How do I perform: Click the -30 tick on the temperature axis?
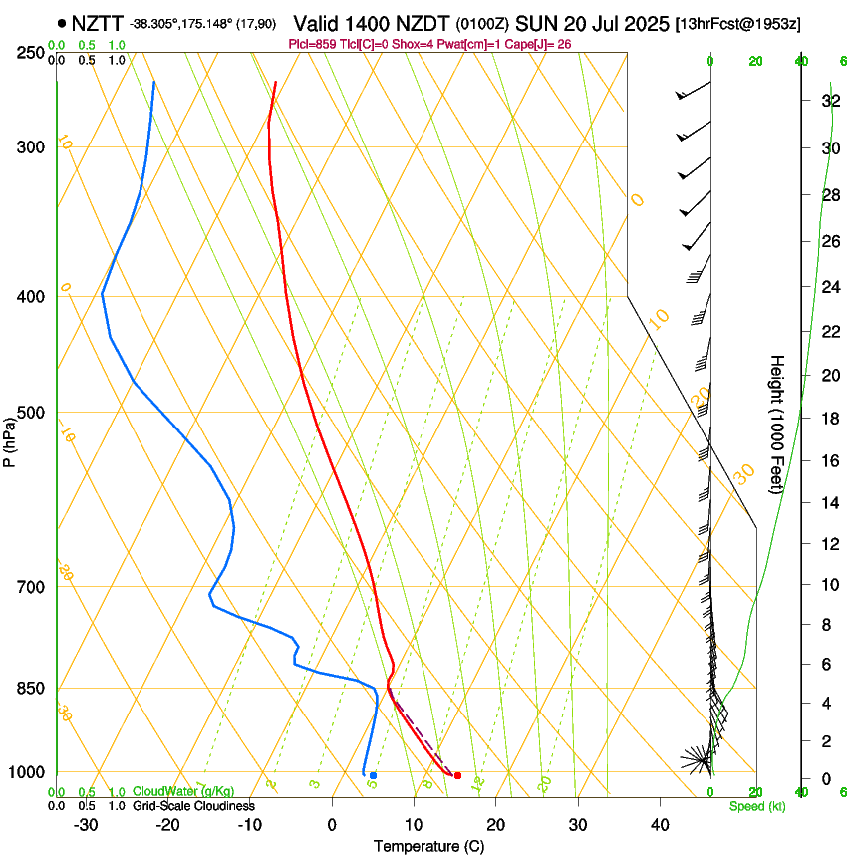(86, 824)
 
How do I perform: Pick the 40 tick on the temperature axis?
(660, 824)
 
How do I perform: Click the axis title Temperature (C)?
(428, 846)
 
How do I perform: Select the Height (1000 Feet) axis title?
(778, 424)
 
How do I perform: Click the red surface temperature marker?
(457, 775)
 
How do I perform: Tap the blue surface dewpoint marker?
(373, 775)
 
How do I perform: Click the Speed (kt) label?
(756, 806)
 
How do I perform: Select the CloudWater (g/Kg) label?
(183, 792)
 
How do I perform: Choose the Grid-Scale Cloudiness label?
(193, 806)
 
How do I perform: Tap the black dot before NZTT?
(62, 22)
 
